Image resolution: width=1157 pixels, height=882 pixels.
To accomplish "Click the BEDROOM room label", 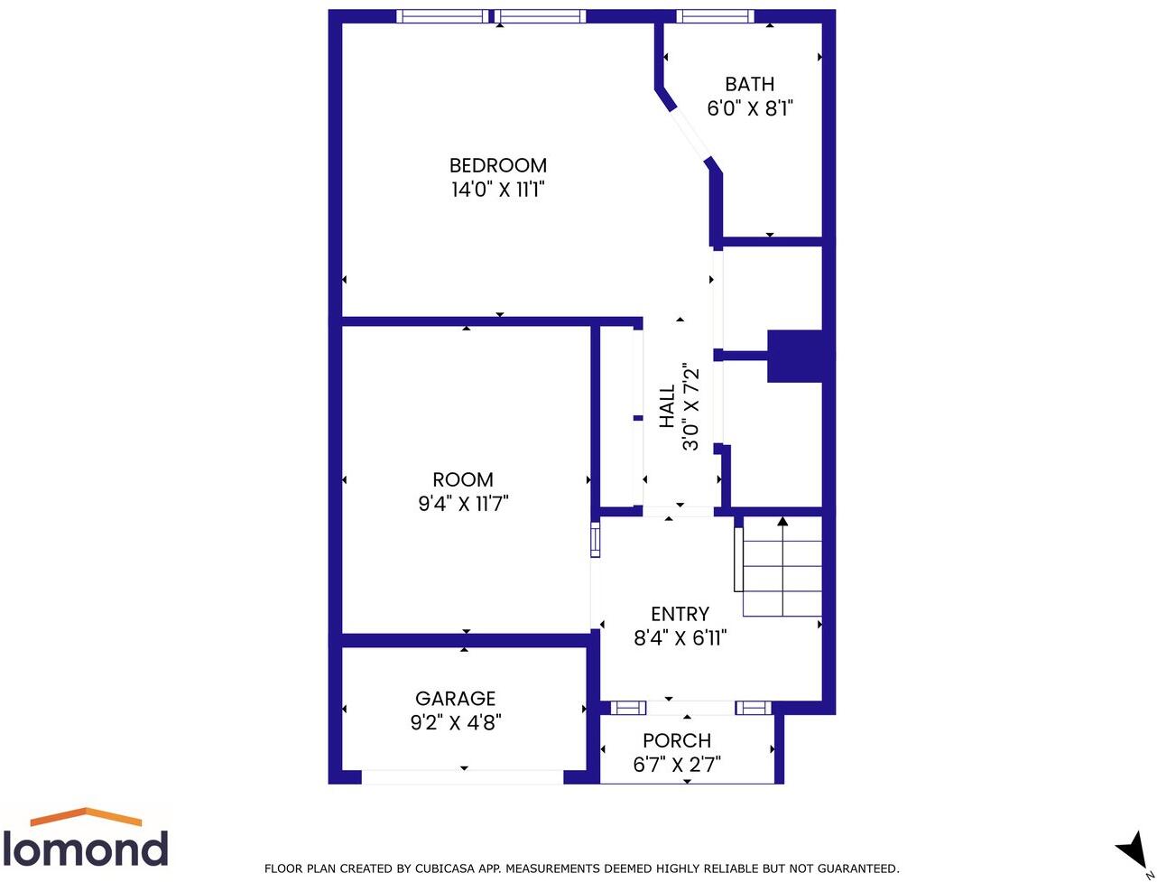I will [x=498, y=165].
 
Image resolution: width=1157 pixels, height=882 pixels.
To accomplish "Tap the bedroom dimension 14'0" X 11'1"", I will [x=498, y=190].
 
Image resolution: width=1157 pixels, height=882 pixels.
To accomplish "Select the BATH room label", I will [x=749, y=84].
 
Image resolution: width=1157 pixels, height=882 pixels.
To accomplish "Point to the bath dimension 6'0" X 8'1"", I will [x=749, y=109].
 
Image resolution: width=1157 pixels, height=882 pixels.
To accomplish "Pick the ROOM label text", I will [x=463, y=479].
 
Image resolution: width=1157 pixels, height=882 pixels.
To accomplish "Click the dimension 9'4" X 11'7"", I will [x=463, y=504].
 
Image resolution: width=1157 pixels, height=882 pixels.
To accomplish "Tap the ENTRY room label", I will [x=680, y=614].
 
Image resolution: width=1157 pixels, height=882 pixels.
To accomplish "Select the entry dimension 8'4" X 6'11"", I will [x=680, y=638].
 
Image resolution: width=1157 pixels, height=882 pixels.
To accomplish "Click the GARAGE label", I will [x=455, y=698].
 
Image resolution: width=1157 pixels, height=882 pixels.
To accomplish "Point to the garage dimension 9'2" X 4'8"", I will [x=455, y=722].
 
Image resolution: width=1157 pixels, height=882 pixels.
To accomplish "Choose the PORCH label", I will [x=677, y=740].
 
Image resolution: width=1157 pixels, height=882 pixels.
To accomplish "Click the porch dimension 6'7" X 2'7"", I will [x=677, y=766].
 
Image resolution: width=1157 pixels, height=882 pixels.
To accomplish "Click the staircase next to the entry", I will [x=782, y=567].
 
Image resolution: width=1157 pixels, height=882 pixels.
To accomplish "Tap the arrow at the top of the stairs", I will [x=782, y=521].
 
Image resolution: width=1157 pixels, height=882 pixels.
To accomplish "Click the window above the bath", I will [x=715, y=15].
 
